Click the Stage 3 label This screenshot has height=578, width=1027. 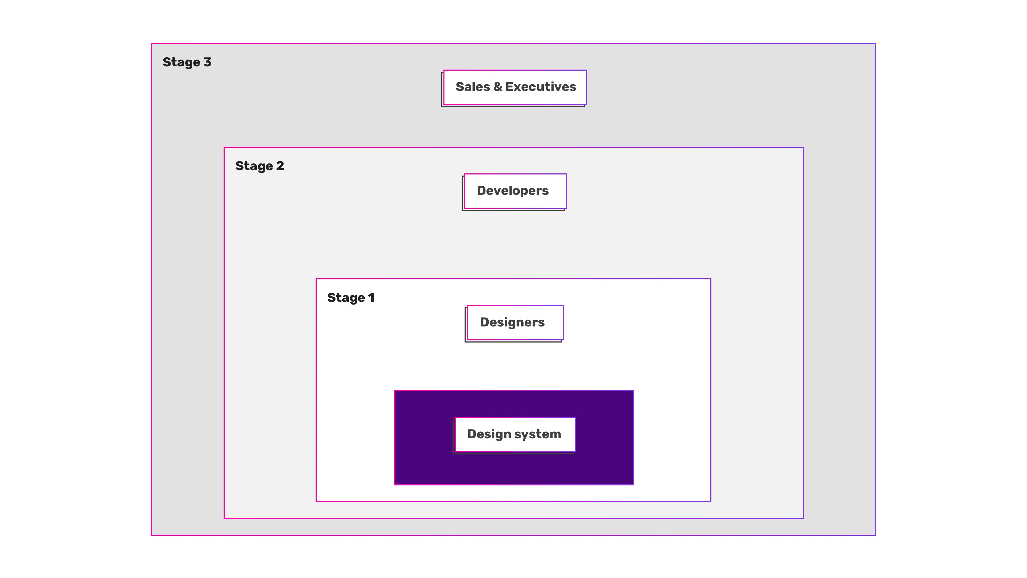point(187,63)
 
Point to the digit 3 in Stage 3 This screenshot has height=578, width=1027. point(207,62)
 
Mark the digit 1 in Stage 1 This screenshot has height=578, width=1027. point(371,298)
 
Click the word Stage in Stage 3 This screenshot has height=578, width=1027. point(181,63)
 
